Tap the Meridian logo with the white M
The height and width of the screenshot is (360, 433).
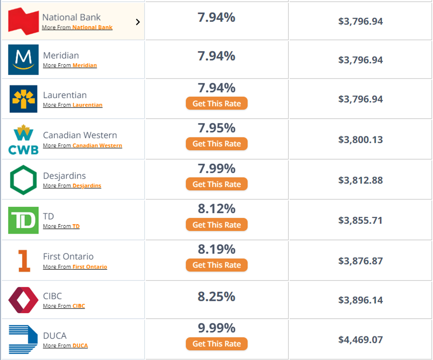click(23, 60)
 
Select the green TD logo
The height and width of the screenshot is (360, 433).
click(23, 220)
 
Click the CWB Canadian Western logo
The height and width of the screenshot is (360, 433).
click(23, 140)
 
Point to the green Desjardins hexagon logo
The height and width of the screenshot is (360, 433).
click(23, 180)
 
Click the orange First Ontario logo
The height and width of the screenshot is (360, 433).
click(23, 260)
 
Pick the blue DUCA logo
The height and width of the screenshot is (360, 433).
click(23, 340)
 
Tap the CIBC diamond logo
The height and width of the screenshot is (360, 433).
click(23, 300)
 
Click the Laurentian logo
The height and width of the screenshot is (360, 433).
click(23, 99)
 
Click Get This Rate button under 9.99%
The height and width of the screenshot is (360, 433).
click(216, 344)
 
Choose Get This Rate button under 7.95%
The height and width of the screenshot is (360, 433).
click(216, 144)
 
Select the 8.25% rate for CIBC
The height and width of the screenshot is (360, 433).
click(216, 296)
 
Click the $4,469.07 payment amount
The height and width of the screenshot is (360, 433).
click(360, 340)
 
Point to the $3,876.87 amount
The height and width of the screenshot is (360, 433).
click(360, 261)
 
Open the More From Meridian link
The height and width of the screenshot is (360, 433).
click(70, 65)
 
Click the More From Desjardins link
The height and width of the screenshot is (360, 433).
click(72, 186)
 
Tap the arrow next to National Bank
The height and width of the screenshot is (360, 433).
click(138, 22)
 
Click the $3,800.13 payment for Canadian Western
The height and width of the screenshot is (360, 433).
click(360, 140)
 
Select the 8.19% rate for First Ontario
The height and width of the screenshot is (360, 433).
click(216, 249)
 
